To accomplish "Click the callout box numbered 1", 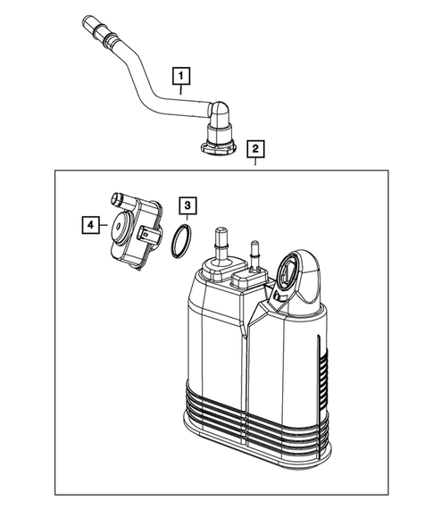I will click(183, 76).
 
